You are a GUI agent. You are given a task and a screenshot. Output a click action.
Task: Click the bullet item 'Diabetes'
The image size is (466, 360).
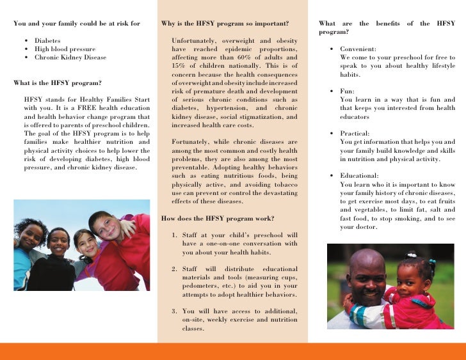click(47, 40)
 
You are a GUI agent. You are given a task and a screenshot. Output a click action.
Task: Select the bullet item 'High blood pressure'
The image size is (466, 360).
click(65, 49)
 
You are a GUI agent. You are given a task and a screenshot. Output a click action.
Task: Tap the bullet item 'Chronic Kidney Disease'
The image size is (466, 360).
click(70, 57)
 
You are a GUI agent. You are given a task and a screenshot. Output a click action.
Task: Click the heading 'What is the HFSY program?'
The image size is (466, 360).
click(57, 82)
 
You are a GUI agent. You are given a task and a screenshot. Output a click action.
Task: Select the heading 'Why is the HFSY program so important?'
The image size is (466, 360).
click(225, 24)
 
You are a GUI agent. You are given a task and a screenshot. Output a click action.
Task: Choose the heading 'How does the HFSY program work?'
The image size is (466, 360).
click(218, 218)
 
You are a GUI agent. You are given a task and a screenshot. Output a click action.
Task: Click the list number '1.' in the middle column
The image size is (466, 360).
click(175, 235)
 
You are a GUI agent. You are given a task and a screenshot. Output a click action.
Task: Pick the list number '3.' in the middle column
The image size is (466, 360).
click(175, 311)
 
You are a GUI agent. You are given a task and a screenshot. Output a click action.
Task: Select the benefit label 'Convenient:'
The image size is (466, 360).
click(358, 49)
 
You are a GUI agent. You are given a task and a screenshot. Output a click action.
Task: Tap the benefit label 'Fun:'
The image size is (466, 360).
click(347, 91)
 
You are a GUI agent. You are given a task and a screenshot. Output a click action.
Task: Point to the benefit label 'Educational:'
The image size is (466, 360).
click(359, 175)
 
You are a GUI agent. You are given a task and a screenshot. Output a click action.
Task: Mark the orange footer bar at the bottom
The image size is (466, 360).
click(233, 351)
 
